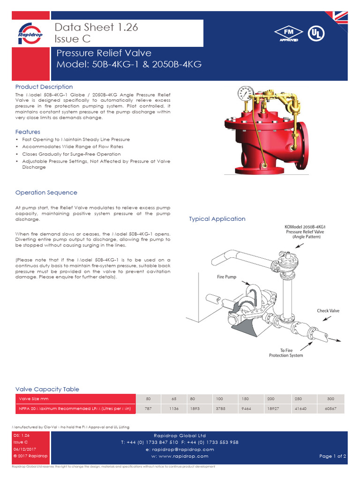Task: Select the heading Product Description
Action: coord(44,87)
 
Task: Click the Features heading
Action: coord(28,132)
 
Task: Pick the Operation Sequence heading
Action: coord(46,193)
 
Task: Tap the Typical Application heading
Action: coord(217,219)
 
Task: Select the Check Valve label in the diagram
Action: coord(328,311)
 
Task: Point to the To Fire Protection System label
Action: coord(286,352)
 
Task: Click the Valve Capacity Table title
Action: coord(47,389)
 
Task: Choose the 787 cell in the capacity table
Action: coord(148,409)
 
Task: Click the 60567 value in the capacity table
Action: coord(331,409)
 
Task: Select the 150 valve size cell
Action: coord(244,398)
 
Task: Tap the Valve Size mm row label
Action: coord(34,398)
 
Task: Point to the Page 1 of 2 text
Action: coord(332,456)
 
